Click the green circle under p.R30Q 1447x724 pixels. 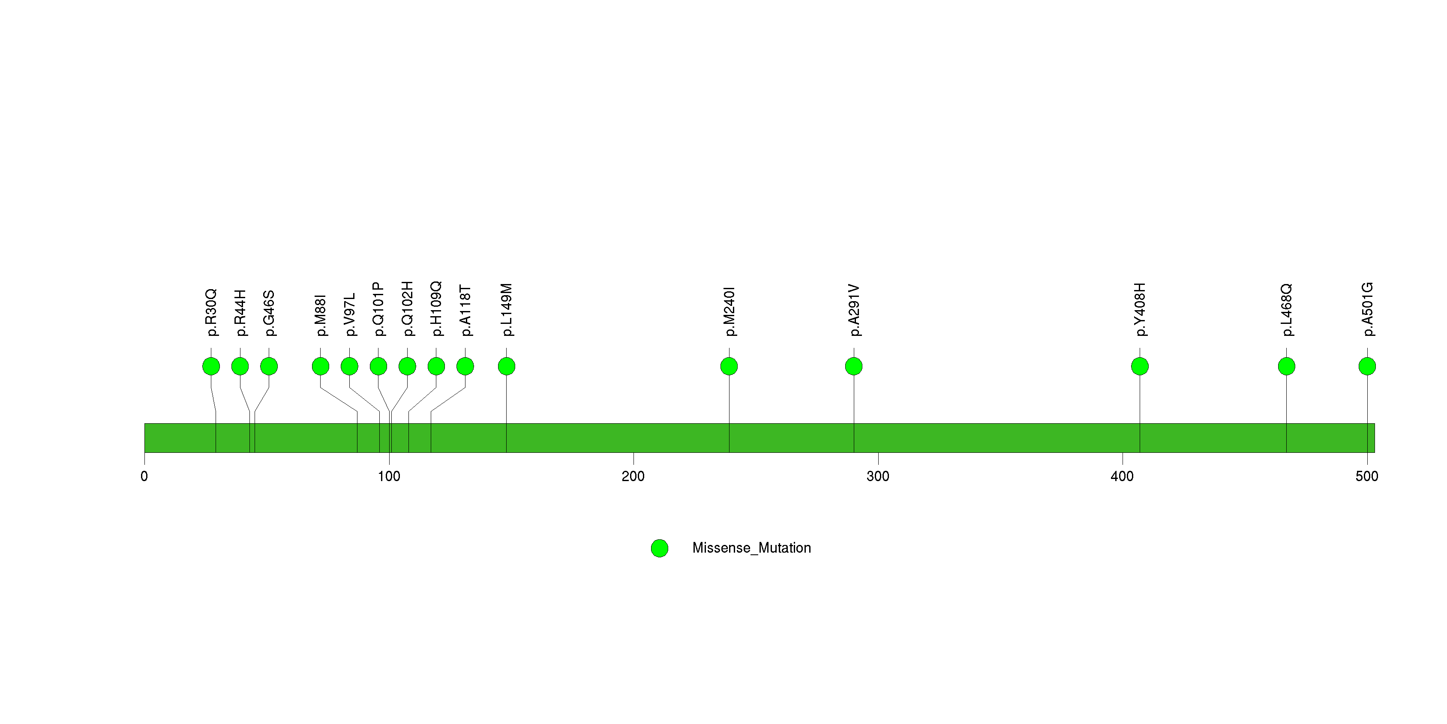[x=211, y=366]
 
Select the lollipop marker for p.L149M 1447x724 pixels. [x=507, y=366]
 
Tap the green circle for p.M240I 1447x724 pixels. [x=729, y=366]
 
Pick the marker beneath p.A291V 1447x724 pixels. [x=854, y=366]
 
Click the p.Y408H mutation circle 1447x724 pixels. [x=1140, y=366]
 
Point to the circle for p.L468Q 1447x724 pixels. [x=1286, y=366]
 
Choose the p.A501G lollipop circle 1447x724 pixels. [x=1367, y=366]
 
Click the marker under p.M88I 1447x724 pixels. [x=321, y=366]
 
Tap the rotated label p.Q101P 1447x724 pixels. [x=378, y=309]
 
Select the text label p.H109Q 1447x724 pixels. [x=436, y=309]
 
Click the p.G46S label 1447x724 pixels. [x=269, y=313]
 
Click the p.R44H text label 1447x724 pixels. [x=240, y=313]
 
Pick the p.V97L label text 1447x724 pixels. [x=349, y=314]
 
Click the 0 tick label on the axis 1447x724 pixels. [x=144, y=476]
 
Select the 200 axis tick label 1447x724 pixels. [x=633, y=476]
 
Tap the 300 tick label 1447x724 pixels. [x=878, y=476]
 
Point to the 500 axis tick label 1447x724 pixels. [x=1367, y=476]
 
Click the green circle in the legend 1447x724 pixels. [x=660, y=548]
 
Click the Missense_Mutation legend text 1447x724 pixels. [x=752, y=548]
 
